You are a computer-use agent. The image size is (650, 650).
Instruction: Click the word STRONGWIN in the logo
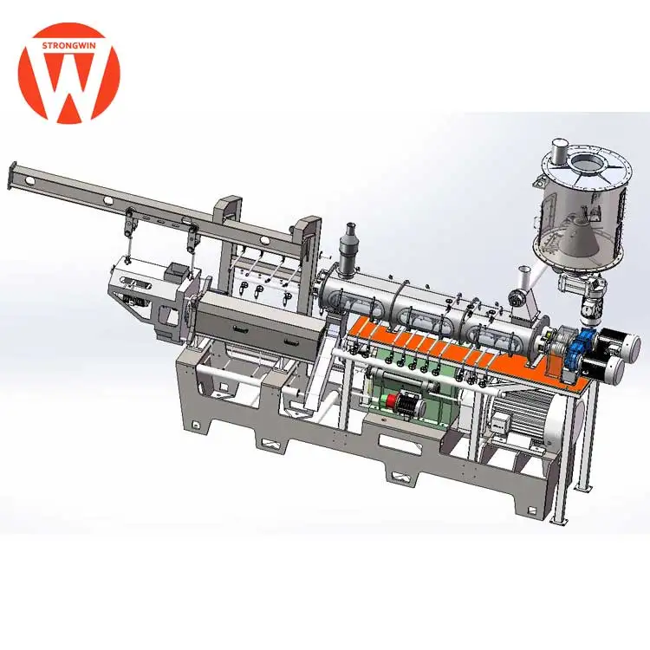[68, 45]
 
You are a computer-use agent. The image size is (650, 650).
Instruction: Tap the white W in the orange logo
[68, 83]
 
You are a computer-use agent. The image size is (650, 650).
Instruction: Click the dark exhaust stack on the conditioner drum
[348, 247]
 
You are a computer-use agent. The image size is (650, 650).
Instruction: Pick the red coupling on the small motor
[392, 400]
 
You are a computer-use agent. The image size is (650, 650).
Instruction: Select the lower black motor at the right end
[604, 367]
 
